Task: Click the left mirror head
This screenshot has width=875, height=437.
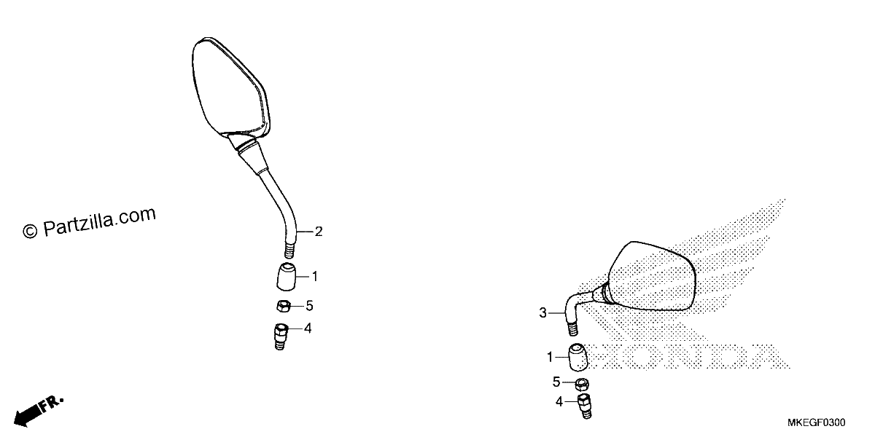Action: (x=230, y=88)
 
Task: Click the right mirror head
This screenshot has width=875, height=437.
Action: (x=652, y=276)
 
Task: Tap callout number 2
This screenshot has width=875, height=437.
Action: (x=319, y=232)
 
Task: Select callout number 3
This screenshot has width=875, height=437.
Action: (x=542, y=313)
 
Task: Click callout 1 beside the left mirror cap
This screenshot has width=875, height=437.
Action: (x=315, y=277)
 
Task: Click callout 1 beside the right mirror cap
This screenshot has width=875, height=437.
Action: (x=550, y=357)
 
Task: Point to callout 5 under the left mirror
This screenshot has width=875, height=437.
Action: (x=309, y=306)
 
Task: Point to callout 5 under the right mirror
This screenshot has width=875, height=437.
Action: (x=556, y=382)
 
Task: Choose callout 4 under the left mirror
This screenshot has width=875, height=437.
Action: (x=308, y=328)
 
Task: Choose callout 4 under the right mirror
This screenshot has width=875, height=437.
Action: (x=559, y=401)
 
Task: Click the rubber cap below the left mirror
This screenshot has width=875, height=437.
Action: (x=287, y=277)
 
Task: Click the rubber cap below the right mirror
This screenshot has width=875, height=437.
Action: (x=578, y=357)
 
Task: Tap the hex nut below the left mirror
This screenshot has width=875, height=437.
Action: (x=283, y=306)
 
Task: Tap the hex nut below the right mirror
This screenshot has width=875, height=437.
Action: (x=582, y=385)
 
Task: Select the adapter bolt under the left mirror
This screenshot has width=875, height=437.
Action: (x=281, y=336)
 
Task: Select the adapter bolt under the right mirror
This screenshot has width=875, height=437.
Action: (x=584, y=406)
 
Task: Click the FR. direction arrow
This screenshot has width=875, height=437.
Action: (x=38, y=412)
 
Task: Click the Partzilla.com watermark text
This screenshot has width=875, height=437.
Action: (x=90, y=222)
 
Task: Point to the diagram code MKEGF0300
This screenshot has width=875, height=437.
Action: (x=816, y=422)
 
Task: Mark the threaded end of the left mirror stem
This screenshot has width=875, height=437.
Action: (x=289, y=251)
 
